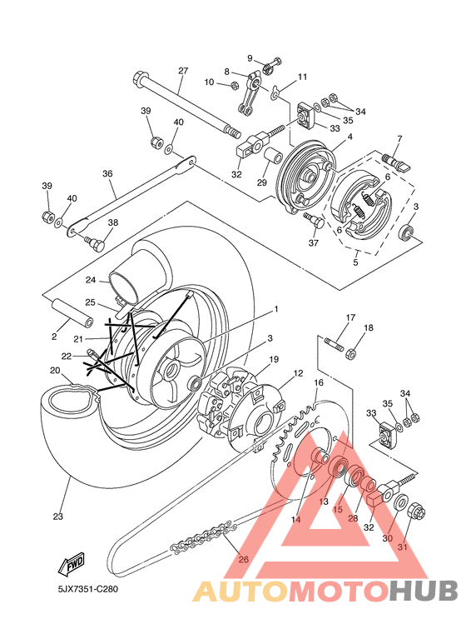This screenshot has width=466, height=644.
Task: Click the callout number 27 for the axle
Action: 183,71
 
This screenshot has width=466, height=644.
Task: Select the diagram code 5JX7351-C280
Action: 87,589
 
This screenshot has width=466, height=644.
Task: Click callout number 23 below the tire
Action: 58,516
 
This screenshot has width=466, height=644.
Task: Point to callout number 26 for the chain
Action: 244,559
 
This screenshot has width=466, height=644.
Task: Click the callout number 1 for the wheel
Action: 276,308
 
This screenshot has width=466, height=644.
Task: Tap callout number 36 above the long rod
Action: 107,174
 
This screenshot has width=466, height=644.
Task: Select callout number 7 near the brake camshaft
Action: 399,138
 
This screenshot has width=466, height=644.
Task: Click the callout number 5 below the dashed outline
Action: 355,262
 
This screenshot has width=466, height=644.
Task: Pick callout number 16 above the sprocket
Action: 319,382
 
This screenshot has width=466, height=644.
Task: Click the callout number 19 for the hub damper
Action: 274,359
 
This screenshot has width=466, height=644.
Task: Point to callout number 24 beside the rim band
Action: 91,280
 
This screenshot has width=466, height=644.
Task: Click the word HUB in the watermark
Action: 423,590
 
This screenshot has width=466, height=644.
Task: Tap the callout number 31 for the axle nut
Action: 402,547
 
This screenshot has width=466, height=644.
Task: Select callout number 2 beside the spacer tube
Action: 54,337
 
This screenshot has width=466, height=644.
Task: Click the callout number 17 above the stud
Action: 350,317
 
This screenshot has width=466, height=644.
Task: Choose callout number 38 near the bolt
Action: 113,222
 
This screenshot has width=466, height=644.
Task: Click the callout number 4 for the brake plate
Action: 349,137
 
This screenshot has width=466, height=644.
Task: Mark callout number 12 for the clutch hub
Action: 298,373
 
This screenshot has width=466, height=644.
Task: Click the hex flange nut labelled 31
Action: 416,512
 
